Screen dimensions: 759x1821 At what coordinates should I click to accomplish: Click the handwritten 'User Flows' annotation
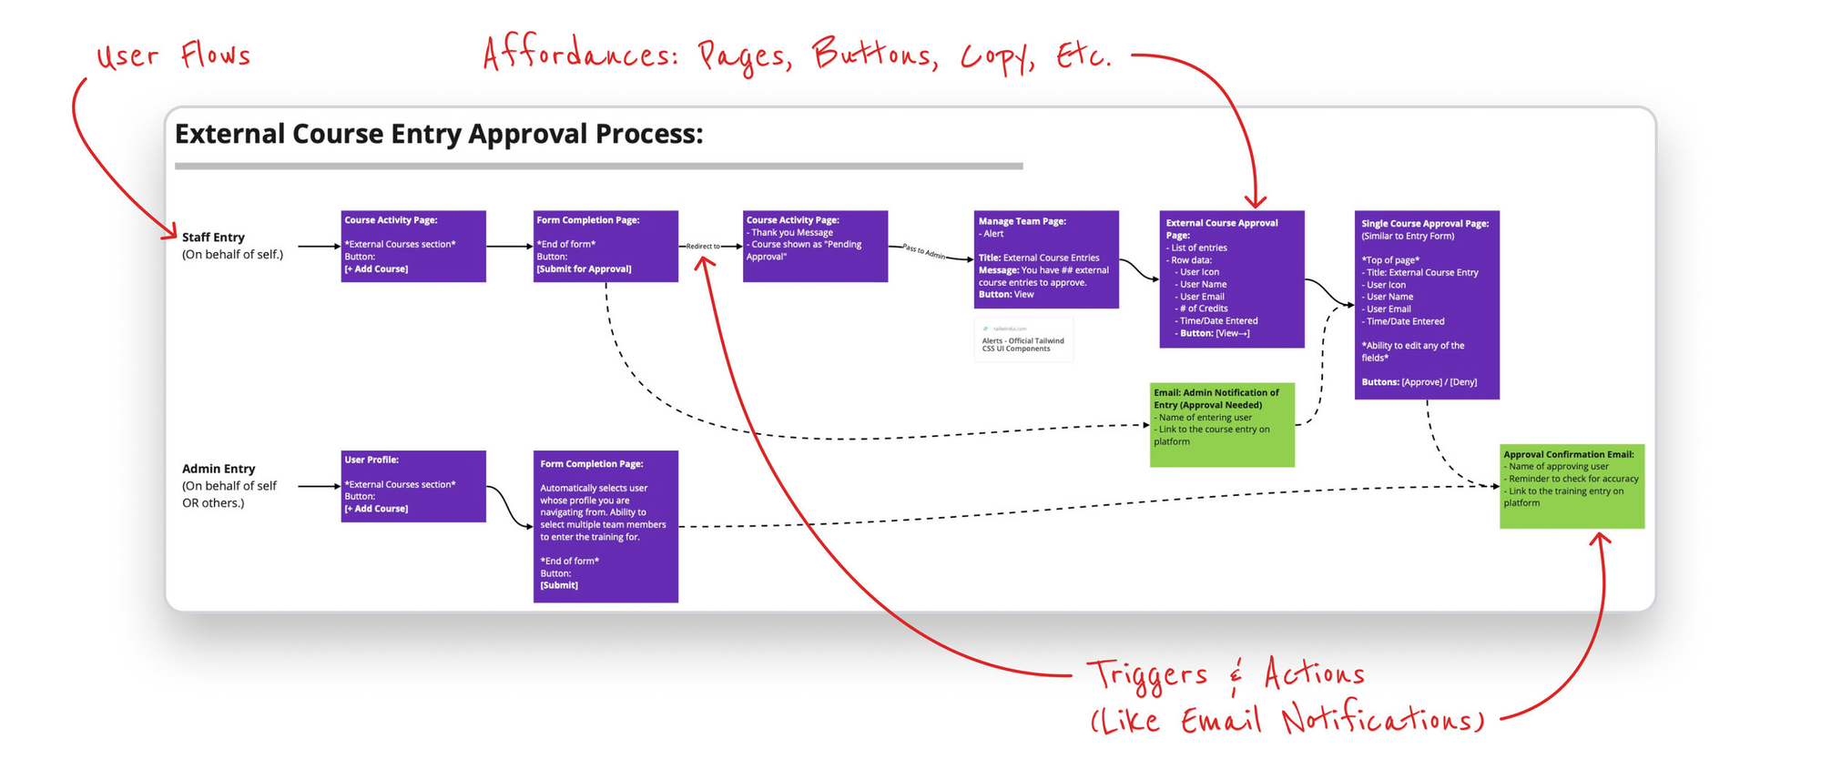(173, 56)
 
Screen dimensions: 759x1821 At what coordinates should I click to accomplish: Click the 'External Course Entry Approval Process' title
(438, 134)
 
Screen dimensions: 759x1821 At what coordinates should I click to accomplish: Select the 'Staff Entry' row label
(213, 238)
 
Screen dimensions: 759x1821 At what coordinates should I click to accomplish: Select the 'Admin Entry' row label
(219, 469)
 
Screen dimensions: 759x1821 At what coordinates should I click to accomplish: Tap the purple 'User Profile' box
(413, 486)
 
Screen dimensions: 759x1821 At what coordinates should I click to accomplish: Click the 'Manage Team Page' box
(1046, 259)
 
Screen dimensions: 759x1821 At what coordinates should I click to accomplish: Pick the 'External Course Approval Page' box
(1231, 278)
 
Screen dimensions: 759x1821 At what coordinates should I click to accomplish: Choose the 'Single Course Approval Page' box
(1426, 304)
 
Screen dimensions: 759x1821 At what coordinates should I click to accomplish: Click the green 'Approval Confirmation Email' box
(1572, 486)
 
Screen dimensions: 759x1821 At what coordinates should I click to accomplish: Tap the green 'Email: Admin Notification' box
(1222, 424)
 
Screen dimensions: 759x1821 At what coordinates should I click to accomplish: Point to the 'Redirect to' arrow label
(703, 247)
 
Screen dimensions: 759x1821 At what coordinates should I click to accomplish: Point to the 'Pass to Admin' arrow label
(923, 252)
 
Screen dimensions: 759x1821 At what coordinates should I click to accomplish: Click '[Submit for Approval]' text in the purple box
(584, 269)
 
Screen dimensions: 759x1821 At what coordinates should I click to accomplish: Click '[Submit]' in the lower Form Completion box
(559, 585)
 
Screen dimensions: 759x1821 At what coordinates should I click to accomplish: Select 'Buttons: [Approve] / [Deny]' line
(1419, 382)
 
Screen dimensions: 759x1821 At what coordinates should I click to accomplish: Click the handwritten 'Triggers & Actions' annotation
(1226, 675)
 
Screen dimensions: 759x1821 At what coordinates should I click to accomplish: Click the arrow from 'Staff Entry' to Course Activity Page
(318, 247)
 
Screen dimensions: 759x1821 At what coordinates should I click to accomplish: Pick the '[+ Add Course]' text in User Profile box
(376, 509)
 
